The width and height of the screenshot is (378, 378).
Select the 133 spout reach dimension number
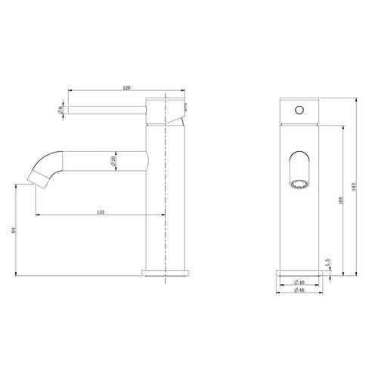(101, 212)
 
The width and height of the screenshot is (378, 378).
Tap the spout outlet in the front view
(299, 182)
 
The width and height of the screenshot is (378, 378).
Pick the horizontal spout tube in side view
(106, 161)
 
